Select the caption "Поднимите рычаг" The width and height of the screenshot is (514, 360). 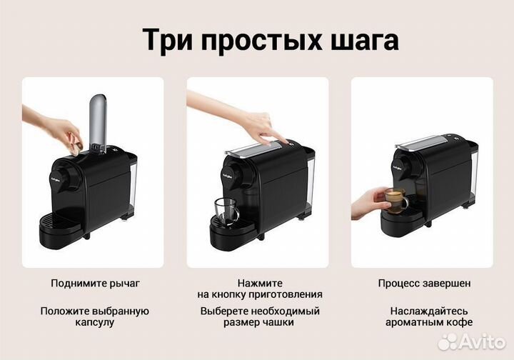[95, 284]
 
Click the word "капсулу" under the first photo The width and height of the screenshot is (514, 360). [95, 322]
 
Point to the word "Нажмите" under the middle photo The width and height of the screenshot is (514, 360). [260, 284]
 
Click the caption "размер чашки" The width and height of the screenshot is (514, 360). [260, 322]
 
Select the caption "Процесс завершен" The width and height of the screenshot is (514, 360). [424, 284]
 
